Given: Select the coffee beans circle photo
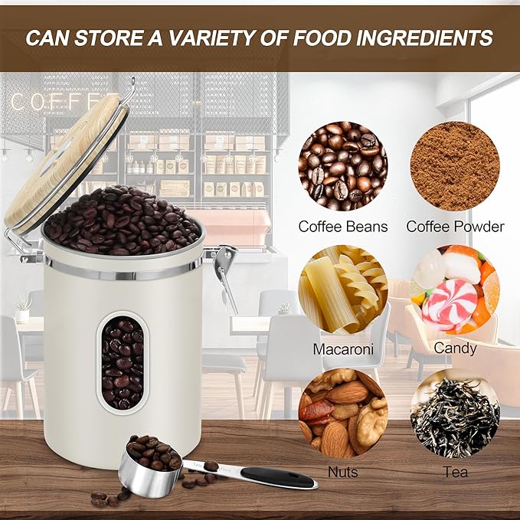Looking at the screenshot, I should click(x=342, y=165).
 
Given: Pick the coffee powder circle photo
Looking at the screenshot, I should click(x=455, y=165).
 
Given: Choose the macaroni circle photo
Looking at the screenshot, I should click(x=342, y=288).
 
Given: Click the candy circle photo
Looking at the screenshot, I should click(x=455, y=288).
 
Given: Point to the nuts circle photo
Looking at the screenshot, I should click(x=342, y=414).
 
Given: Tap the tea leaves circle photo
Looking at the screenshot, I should click(x=455, y=414).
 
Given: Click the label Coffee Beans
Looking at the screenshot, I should click(x=343, y=227).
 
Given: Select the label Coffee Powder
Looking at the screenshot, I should click(x=455, y=227).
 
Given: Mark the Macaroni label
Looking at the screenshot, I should click(x=343, y=349).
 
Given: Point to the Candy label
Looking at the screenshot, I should click(x=455, y=349).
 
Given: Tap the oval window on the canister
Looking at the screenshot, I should click(x=123, y=362).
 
